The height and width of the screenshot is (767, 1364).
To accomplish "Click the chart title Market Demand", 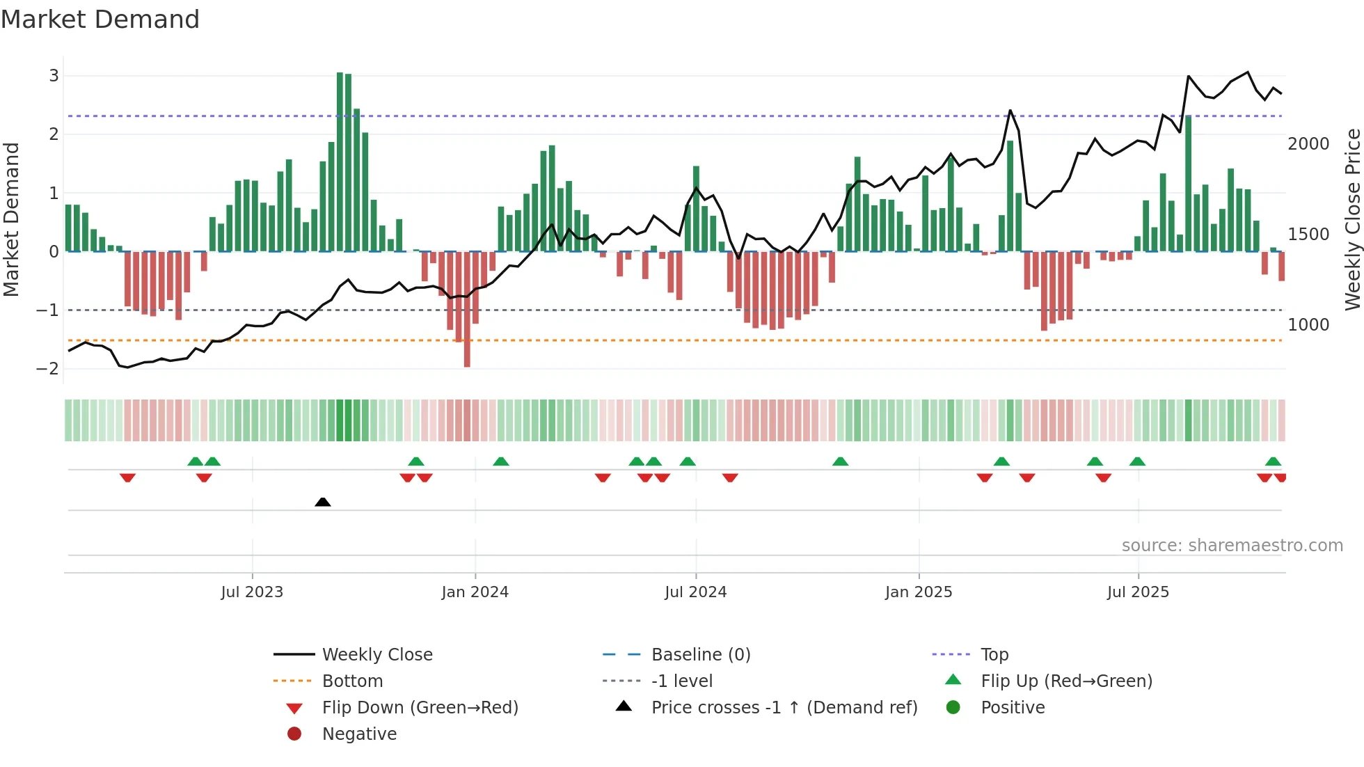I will pos(100,19).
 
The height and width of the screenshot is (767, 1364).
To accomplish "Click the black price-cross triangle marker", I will pos(322,502).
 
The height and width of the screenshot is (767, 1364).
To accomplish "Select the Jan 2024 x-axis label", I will pos(475,592).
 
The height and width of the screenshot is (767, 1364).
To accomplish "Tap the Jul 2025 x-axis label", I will pos(1138,592).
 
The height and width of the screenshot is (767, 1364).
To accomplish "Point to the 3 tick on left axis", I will pos(54,75).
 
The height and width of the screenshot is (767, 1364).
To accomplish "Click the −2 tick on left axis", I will pos(48,368).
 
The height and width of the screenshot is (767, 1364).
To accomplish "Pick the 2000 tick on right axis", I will pos(1308,144).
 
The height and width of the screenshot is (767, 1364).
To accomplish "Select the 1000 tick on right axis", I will pos(1308,325).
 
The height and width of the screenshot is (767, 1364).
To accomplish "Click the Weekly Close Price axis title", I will pos(1352,219).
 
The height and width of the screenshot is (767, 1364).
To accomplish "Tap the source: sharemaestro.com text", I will pos(1232,546).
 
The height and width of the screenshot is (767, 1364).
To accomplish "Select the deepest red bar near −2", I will pos(467,310).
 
